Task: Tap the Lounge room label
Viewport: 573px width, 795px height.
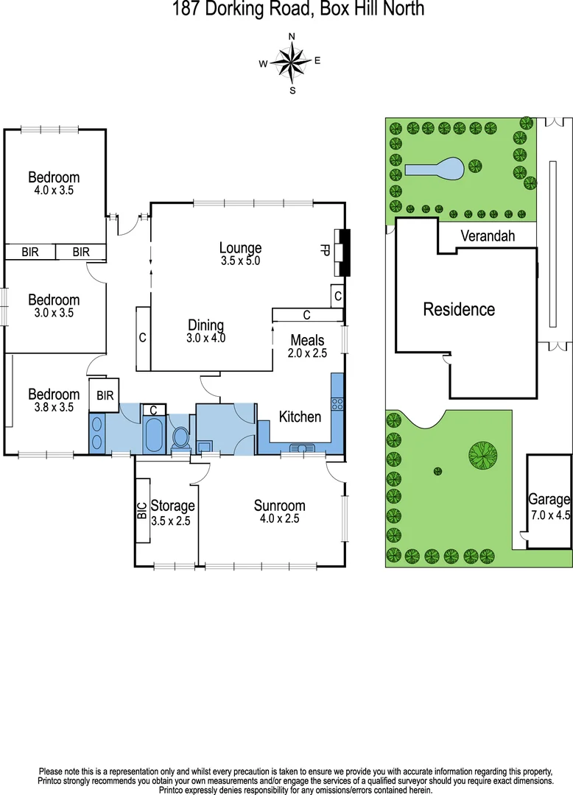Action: pos(240,248)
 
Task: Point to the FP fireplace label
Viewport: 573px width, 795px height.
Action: pos(324,250)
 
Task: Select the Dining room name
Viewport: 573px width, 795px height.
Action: pos(205,325)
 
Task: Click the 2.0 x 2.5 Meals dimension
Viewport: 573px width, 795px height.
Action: pos(307,353)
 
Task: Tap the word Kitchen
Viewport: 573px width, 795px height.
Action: pos(300,417)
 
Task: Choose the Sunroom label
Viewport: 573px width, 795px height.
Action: pos(279,505)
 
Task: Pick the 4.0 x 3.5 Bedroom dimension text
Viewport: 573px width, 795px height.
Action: pos(54,190)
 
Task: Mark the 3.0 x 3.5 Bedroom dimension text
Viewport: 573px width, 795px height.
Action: pos(54,313)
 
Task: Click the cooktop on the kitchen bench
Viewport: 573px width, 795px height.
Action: pos(337,403)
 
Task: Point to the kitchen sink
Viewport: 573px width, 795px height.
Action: pos(302,448)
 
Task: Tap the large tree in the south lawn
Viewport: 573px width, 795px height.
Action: pos(482,454)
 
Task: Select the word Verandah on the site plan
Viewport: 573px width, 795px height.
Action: pos(488,236)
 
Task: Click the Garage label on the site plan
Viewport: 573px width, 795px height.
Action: pos(549,499)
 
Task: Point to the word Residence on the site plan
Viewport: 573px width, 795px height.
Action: pos(458,309)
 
